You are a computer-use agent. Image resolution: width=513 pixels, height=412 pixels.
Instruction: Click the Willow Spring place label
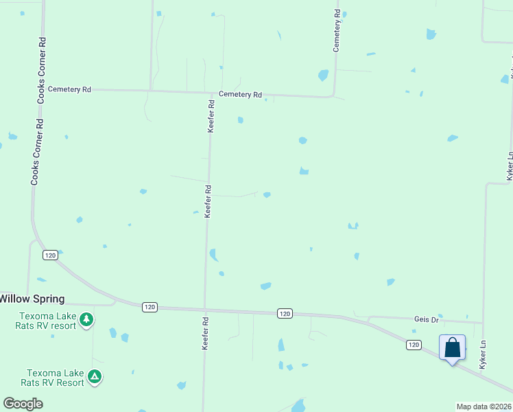pyautogui.click(x=32, y=299)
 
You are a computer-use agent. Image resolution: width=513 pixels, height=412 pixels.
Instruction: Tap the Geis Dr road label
pyautogui.click(x=426, y=319)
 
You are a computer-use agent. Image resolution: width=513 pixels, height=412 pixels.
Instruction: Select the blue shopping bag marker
pyautogui.click(x=452, y=347)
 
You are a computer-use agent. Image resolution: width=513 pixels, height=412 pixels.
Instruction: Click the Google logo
pyautogui.click(x=23, y=404)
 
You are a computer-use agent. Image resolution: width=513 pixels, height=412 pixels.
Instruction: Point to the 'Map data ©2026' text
pyautogui.click(x=484, y=407)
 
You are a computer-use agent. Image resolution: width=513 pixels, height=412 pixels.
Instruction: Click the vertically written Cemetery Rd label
pyautogui.click(x=337, y=31)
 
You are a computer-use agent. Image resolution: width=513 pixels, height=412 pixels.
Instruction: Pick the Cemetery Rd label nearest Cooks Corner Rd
pyautogui.click(x=69, y=89)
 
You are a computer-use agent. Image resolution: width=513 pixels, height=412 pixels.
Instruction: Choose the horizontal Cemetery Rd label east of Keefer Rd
pyautogui.click(x=240, y=95)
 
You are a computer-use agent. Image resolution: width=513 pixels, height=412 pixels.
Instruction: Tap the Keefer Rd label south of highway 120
pyautogui.click(x=204, y=334)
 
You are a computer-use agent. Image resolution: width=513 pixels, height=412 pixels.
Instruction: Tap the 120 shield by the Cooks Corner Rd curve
pyautogui.click(x=49, y=255)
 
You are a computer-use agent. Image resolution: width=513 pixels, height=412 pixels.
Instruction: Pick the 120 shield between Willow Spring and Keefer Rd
pyautogui.click(x=150, y=307)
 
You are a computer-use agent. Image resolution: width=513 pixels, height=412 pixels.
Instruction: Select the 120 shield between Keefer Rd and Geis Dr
pyautogui.click(x=285, y=313)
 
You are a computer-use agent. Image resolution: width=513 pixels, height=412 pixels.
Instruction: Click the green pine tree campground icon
pyautogui.click(x=86, y=320)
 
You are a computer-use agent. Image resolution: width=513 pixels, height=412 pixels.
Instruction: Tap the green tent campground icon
pyautogui.click(x=95, y=376)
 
